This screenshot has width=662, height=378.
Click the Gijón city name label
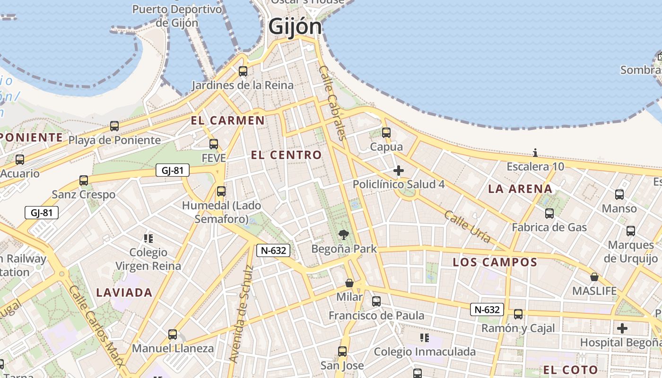coord(295,26)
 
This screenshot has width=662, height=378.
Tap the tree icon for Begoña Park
coord(344,234)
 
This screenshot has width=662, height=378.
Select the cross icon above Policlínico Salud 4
coord(399,171)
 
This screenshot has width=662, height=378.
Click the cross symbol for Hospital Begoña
coord(622,328)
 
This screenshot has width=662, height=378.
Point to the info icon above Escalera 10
coord(535,153)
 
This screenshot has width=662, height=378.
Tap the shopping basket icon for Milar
coord(349,283)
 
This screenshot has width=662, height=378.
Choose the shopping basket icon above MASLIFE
coord(594,276)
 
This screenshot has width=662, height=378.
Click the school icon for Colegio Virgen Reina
coord(148,239)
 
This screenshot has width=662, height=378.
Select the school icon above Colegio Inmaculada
coord(425,337)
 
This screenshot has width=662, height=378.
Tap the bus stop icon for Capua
coord(386,133)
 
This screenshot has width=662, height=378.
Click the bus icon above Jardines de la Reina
coord(243,71)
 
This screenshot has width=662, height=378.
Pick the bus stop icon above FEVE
coord(214,144)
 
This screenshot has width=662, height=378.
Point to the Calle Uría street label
coord(467,227)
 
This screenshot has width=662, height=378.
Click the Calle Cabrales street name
coord(333,103)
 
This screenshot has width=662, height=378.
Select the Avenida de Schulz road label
coord(241,314)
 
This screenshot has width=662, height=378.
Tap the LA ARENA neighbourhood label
coord(520,189)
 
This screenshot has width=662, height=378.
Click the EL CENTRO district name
coord(286,155)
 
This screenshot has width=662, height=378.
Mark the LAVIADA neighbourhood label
coord(124,292)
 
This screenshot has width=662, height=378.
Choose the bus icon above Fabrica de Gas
coord(549,214)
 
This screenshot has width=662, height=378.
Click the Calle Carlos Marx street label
coord(97,326)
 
